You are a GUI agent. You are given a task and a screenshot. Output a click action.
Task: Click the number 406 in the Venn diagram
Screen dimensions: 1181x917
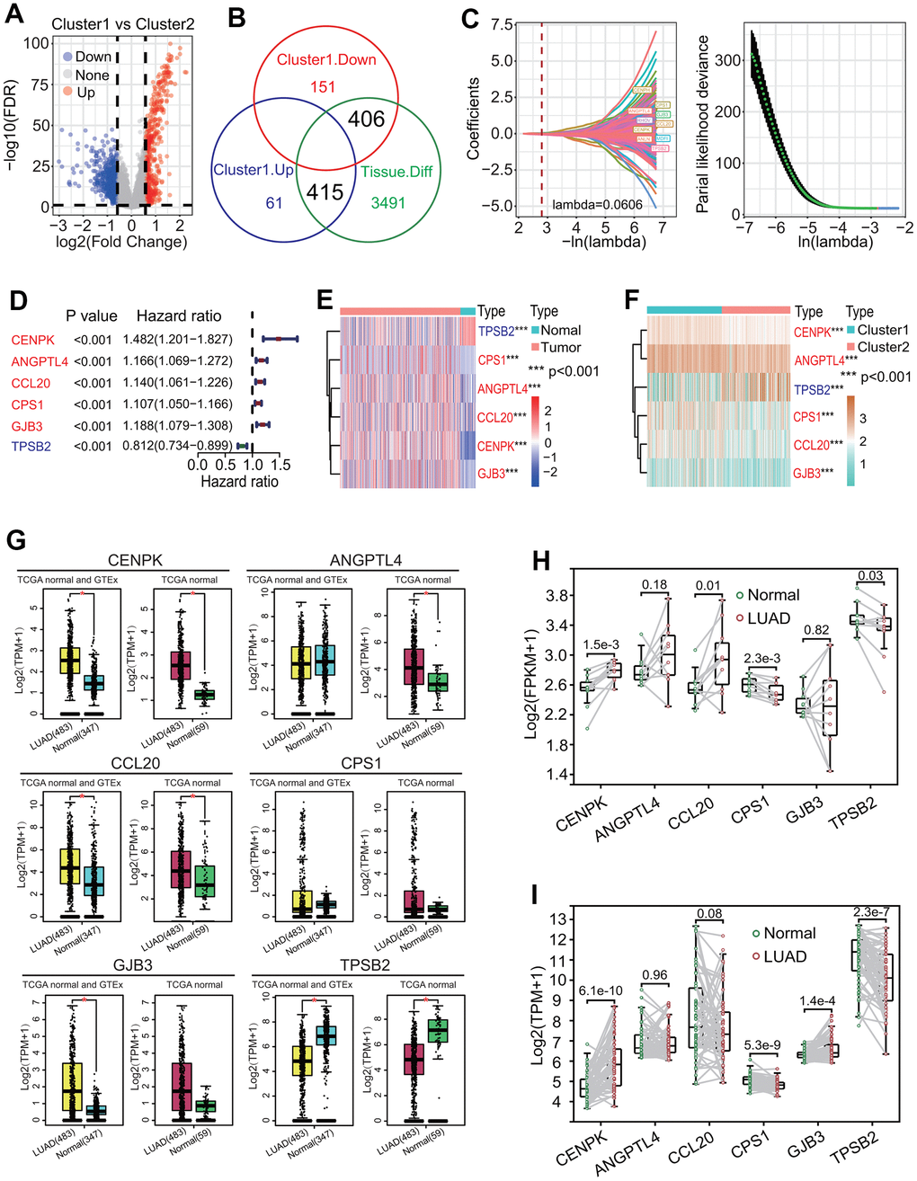[367, 119]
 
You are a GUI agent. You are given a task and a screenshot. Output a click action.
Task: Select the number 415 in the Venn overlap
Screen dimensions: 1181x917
[325, 191]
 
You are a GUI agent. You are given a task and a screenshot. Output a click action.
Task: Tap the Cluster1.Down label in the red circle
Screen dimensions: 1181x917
[326, 60]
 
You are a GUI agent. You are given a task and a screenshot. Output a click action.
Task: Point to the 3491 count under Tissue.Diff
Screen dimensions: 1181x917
[388, 203]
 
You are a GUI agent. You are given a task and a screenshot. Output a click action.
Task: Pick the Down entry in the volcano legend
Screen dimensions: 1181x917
[93, 57]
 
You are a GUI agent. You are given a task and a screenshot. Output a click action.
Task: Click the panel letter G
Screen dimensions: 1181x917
[16, 541]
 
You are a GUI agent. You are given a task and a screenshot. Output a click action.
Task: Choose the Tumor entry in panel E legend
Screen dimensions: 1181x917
[560, 347]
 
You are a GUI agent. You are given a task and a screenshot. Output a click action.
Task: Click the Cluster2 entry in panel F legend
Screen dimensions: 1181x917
[883, 347]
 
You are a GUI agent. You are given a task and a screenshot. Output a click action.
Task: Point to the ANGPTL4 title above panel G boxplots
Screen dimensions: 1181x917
[366, 561]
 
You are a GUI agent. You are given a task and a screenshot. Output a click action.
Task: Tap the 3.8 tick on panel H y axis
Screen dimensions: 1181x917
[556, 595]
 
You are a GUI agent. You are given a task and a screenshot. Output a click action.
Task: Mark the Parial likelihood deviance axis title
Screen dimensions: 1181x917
[703, 124]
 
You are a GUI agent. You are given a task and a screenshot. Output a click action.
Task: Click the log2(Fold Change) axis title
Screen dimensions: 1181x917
[121, 241]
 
